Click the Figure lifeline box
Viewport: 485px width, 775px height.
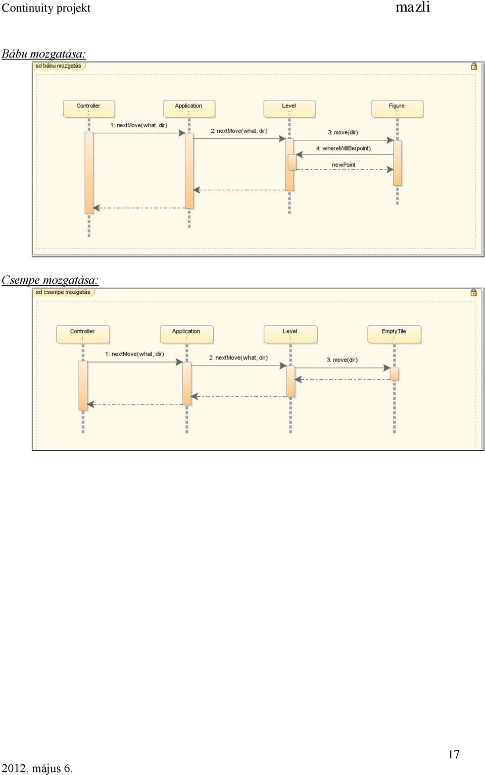tap(397, 109)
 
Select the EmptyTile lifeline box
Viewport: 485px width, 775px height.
tap(394, 334)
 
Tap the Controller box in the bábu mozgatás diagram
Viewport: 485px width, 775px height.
tap(88, 109)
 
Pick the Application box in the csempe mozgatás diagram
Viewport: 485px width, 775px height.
tap(186, 334)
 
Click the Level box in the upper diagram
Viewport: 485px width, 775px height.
tap(289, 109)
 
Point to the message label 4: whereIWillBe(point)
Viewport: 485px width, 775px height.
tap(344, 148)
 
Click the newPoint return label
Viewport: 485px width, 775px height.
tap(344, 165)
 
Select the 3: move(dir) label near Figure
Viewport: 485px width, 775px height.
tap(343, 132)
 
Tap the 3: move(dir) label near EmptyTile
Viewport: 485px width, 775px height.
tap(342, 360)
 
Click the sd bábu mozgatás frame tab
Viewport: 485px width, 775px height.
tap(59, 66)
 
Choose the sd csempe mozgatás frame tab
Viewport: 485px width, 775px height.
tap(63, 292)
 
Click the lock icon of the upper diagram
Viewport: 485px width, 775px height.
tap(474, 66)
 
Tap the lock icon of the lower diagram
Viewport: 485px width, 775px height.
tap(474, 292)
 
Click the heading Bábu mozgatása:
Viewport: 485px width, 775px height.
tap(43, 54)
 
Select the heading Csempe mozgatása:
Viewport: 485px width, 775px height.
tap(50, 280)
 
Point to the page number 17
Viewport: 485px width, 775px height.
tap(454, 754)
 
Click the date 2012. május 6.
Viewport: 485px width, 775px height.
tap(37, 768)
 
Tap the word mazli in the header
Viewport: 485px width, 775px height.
tap(413, 7)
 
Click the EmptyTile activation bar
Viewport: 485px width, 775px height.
tap(394, 374)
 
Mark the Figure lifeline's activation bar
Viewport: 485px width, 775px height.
tap(398, 163)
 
